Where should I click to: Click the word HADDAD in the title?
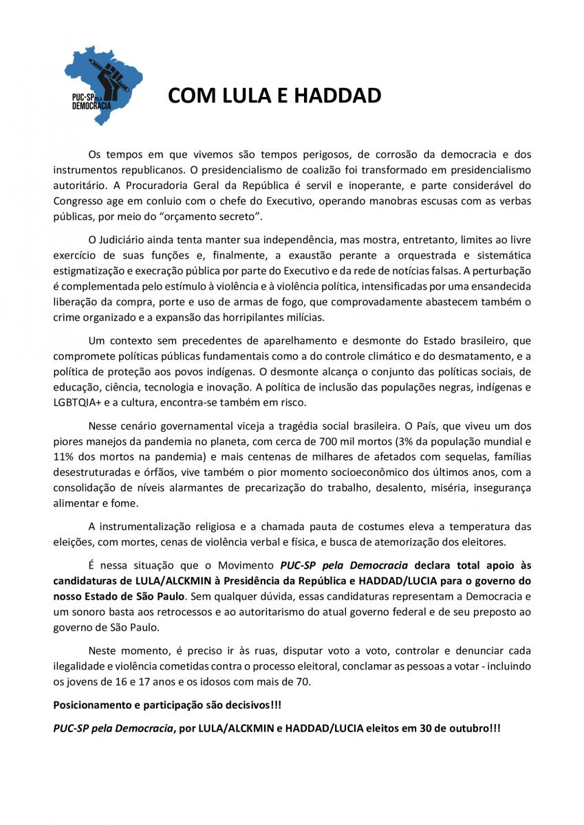point(337,96)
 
